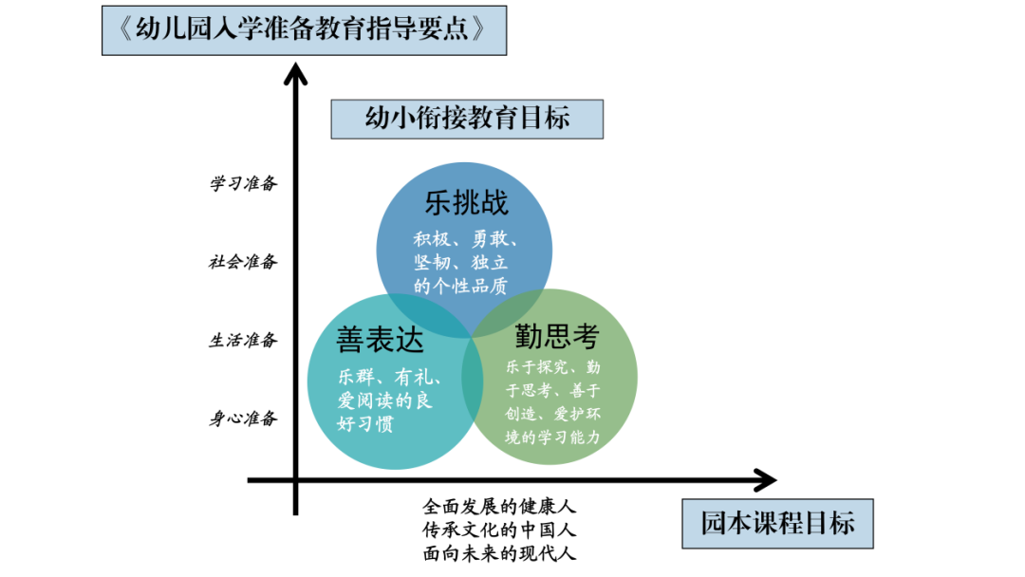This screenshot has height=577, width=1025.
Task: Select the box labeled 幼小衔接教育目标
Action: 467,118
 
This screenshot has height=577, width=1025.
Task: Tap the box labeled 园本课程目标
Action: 777,523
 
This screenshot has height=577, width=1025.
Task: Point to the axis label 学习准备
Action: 243,183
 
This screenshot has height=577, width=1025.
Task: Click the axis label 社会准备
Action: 243,262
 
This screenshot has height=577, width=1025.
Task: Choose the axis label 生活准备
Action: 243,340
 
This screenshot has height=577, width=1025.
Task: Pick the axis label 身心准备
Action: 243,418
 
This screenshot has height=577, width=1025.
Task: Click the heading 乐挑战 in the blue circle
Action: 466,202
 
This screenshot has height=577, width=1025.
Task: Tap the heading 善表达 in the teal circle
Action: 380,339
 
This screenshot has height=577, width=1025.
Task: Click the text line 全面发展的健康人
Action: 500,508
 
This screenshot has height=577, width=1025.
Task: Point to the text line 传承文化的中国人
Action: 500,530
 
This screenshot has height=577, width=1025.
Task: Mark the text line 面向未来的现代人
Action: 500,552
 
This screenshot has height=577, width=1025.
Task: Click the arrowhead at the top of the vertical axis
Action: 297,74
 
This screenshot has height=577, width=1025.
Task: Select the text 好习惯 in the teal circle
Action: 365,424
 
